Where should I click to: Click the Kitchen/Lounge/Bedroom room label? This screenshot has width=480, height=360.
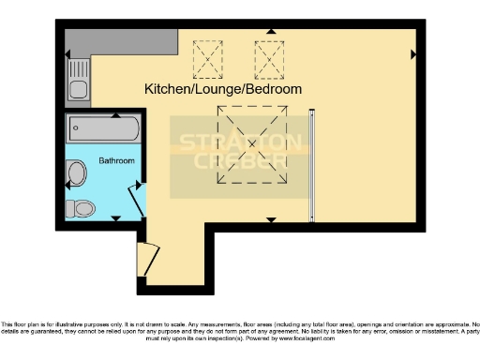coord(223,89)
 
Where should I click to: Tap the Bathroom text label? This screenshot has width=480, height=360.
coord(117,161)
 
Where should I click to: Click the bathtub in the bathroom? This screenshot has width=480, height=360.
coord(104,129)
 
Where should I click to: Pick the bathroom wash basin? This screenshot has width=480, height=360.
coord(77,172)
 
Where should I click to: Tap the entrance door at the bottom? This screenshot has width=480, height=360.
coord(146,259)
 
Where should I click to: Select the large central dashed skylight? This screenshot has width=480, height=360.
coord(250,141)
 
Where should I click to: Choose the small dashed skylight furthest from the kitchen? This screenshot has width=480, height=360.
coord(269,58)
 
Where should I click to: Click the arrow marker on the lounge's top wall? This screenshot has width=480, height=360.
coord(271,31)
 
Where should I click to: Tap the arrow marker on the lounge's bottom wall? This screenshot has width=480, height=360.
coord(270,219)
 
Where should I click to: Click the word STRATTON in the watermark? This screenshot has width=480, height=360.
coord(241,142)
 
